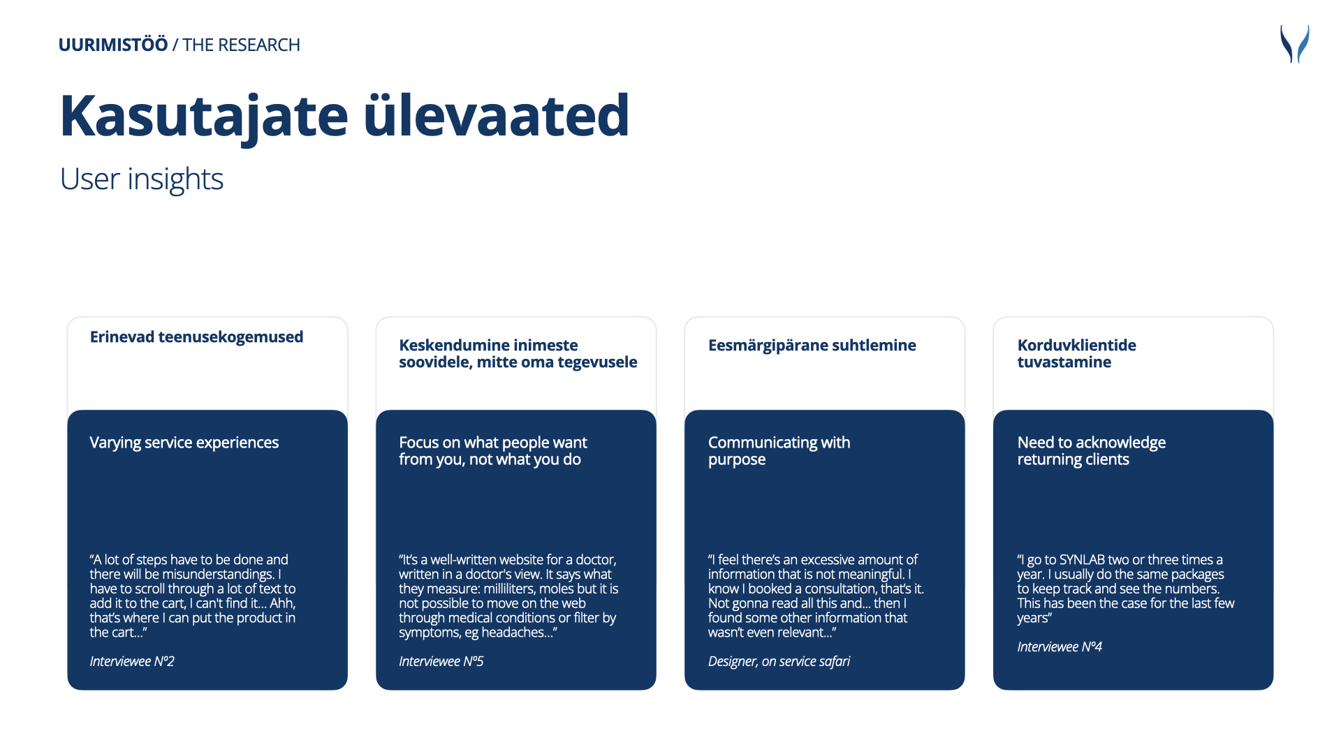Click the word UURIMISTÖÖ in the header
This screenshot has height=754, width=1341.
coord(113,45)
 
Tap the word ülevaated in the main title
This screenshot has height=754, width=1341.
coord(497,115)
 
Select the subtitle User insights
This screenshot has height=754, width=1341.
coord(142,179)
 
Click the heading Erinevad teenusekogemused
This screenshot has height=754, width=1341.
coord(196,337)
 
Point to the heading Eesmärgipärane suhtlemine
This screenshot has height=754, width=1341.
coord(812,345)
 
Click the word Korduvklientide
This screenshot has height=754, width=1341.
coord(1076,345)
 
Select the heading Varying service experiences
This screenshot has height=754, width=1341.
coord(184,443)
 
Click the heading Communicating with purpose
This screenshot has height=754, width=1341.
coord(779,451)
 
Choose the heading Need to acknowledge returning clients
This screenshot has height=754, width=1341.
coord(1091,451)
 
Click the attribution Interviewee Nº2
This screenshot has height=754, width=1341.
coord(132,661)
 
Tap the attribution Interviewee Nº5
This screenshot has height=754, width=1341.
coord(441,661)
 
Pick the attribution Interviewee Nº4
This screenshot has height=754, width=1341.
coord(1060,646)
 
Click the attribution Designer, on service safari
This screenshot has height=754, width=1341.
coord(779,661)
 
